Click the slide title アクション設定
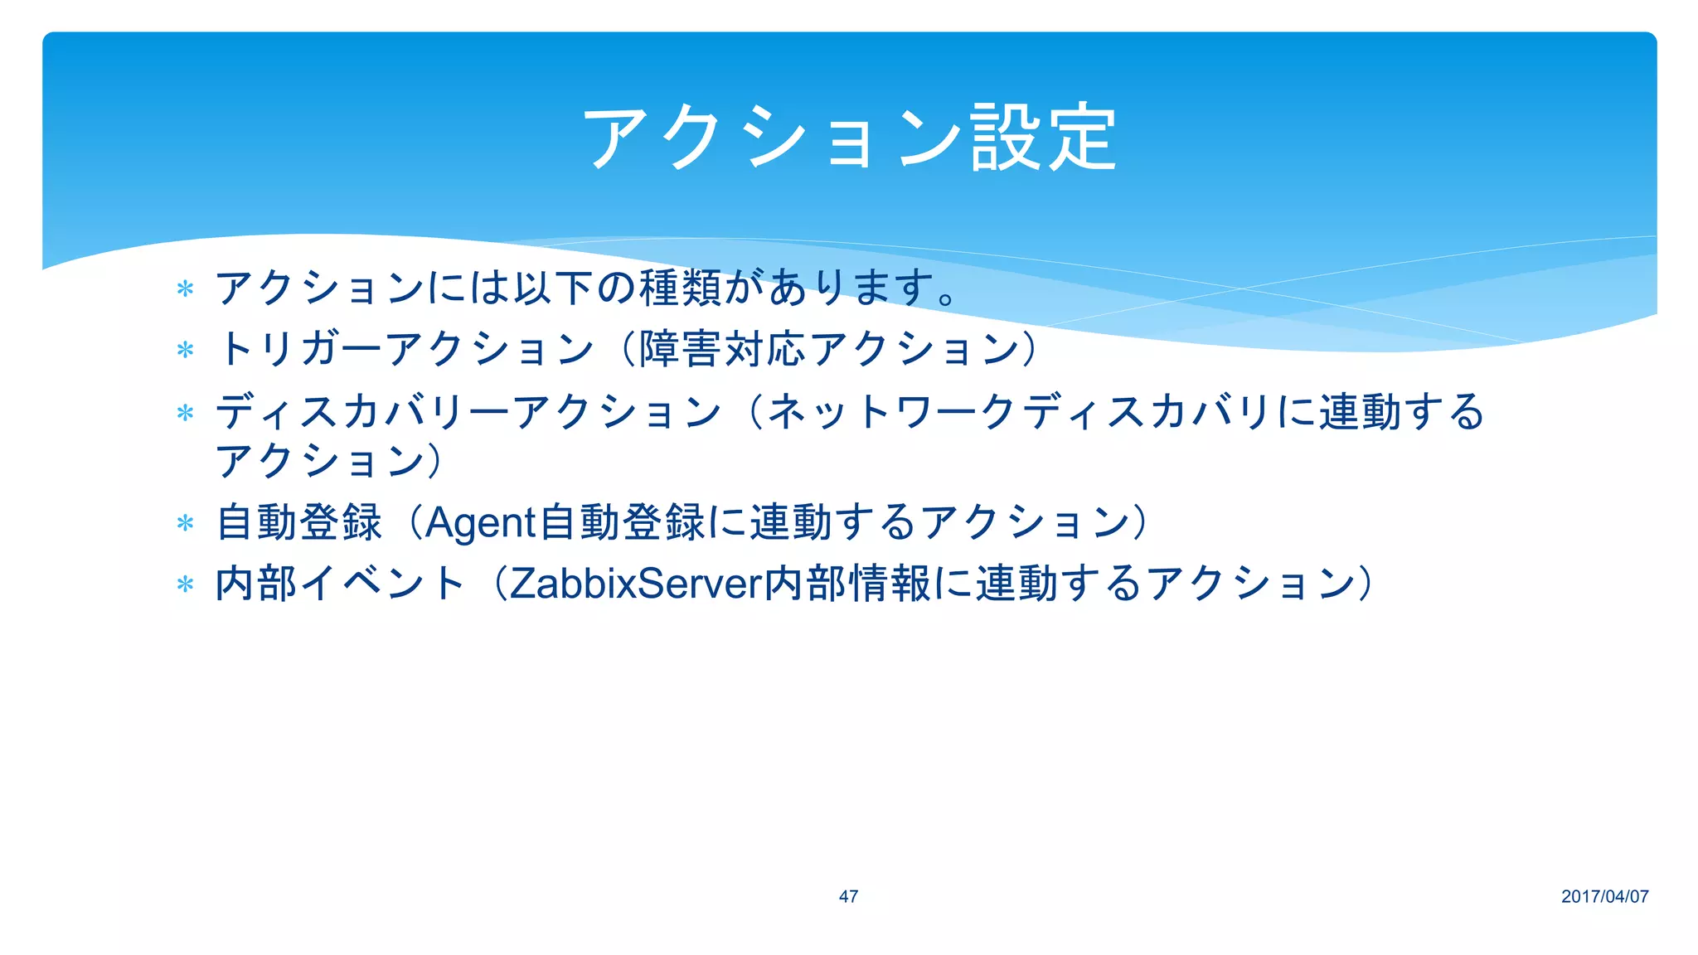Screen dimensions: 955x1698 coord(849,138)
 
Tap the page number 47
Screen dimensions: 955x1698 coord(848,896)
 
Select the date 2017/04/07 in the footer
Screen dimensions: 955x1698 coord(1604,896)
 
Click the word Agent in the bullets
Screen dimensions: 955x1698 coord(480,523)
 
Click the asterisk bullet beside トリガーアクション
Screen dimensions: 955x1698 coord(185,350)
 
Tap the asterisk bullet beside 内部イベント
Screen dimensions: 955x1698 coord(185,584)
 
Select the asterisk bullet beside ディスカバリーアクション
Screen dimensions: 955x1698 coord(185,412)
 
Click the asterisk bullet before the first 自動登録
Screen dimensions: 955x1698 coord(185,523)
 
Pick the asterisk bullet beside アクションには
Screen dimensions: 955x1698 coord(185,289)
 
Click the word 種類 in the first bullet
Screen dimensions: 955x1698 coord(680,288)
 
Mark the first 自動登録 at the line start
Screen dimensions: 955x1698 coord(298,523)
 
